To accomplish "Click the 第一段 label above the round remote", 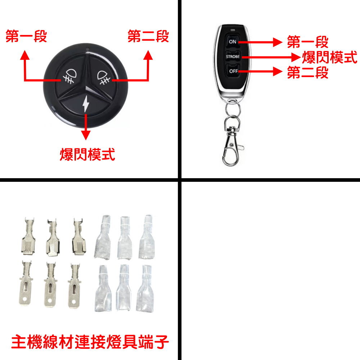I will (26, 37).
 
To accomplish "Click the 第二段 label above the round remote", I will (148, 37).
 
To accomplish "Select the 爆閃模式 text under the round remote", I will (87, 155).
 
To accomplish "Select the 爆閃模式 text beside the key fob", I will (329, 57).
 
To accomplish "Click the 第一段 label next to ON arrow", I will (308, 42).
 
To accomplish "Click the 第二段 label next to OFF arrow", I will (308, 73).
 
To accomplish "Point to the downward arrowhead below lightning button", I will (85, 135).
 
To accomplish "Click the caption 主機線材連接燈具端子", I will (90, 342).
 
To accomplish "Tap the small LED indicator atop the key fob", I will (233, 30).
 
